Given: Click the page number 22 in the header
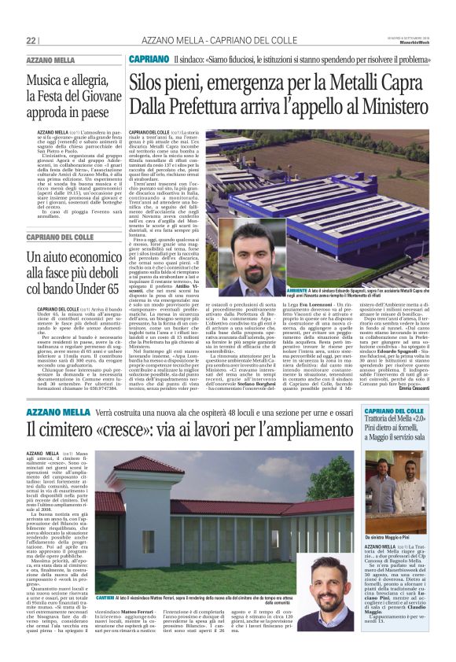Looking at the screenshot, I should tap(31, 40).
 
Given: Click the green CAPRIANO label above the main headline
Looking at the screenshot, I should tap(149, 59).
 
